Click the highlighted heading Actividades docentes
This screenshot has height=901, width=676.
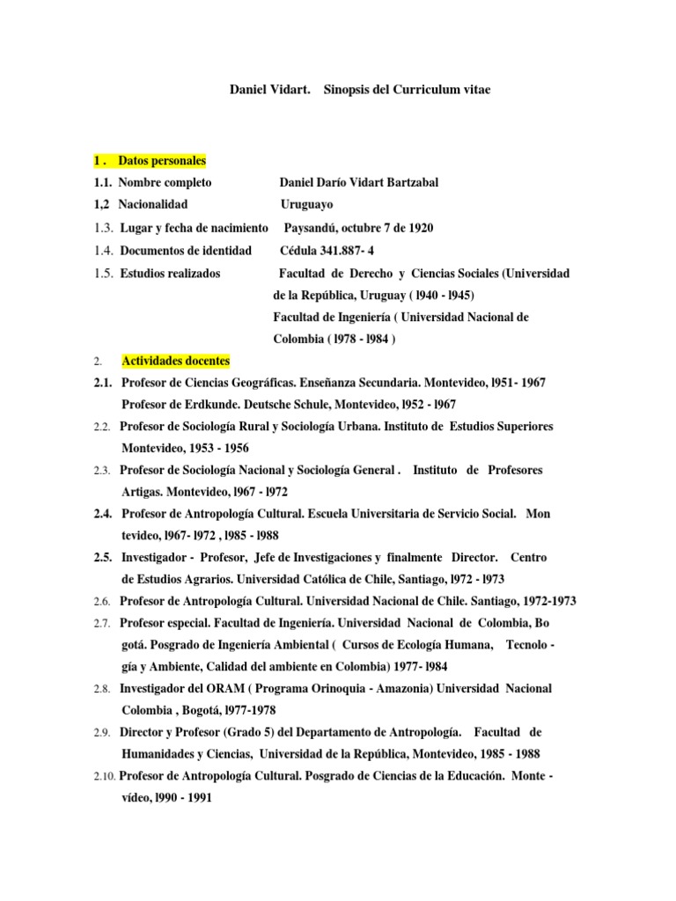pos(175,361)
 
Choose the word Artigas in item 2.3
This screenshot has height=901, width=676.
pos(143,491)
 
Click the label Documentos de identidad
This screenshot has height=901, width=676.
pos(185,251)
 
